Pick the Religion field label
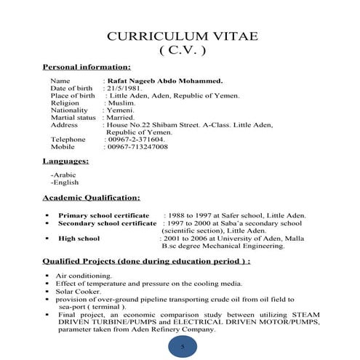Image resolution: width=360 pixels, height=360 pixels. [x=65, y=103]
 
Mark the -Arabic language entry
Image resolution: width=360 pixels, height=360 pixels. [x=63, y=175]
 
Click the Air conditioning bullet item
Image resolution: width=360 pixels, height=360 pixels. [x=84, y=276]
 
